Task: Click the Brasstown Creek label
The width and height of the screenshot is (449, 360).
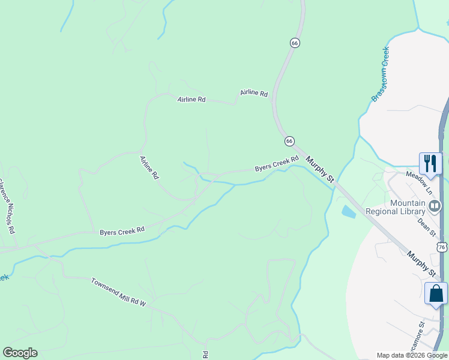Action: point(380,74)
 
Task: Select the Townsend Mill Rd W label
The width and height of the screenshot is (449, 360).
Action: point(118,292)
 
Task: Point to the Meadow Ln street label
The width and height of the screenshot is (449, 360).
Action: point(419,182)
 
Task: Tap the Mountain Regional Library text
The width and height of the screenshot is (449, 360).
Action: point(408,207)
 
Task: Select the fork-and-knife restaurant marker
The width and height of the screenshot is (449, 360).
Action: point(430,163)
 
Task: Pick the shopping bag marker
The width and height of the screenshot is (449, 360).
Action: point(436,293)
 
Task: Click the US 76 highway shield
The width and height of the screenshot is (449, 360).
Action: point(442,247)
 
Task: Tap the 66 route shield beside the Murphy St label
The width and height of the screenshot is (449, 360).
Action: point(289,140)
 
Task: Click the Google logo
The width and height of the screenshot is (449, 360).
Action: point(20,353)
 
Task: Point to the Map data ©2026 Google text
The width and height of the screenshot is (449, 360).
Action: point(412,355)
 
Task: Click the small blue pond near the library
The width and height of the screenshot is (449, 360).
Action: point(348,211)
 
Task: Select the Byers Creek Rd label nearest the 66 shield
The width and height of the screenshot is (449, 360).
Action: point(276,164)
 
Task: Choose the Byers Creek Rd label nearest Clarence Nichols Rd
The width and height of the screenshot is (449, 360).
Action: point(122,230)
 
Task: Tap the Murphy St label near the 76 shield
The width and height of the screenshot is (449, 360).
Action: point(421,264)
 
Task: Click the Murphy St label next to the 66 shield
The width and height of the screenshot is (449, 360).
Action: point(319,169)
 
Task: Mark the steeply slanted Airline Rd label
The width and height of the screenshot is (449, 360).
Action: point(149,168)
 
